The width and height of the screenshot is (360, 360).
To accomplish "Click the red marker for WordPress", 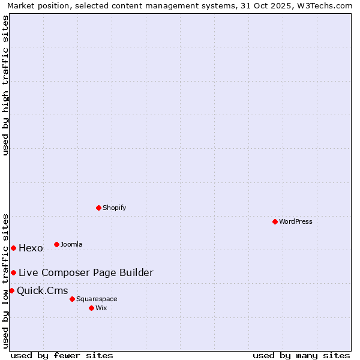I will pyautogui.click(x=275, y=221).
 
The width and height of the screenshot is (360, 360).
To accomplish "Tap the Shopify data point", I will pyautogui.click(x=98, y=208).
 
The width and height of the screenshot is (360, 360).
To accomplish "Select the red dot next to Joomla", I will pyautogui.click(x=56, y=244).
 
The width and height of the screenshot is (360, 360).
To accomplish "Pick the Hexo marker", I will pyautogui.click(x=13, y=248).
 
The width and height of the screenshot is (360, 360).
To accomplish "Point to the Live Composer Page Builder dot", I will pyautogui.click(x=13, y=272).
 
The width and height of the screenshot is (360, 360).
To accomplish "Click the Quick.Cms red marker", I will pyautogui.click(x=11, y=290).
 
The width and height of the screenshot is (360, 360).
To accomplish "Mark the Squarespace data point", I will pyautogui.click(x=72, y=299).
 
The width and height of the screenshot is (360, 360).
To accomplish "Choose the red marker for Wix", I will pyautogui.click(x=91, y=308).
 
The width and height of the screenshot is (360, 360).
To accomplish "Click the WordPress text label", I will pyautogui.click(x=296, y=221).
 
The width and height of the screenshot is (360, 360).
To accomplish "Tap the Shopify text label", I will pyautogui.click(x=115, y=208).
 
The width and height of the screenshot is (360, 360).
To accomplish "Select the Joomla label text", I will pyautogui.click(x=71, y=244).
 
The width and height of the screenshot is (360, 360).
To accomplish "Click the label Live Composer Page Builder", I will pyautogui.click(x=86, y=272).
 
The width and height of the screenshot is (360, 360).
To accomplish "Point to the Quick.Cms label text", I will pyautogui.click(x=42, y=291).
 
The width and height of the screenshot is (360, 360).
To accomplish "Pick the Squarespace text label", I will pyautogui.click(x=97, y=299).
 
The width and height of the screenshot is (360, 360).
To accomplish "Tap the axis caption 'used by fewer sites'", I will pyautogui.click(x=62, y=355).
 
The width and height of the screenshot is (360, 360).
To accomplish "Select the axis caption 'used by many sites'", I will pyautogui.click(x=301, y=355).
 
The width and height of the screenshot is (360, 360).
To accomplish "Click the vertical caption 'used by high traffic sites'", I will pyautogui.click(x=6, y=85).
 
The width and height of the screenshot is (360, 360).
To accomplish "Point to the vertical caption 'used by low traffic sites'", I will pyautogui.click(x=6, y=280).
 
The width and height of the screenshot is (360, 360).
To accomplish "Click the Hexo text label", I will pyautogui.click(x=31, y=248).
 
